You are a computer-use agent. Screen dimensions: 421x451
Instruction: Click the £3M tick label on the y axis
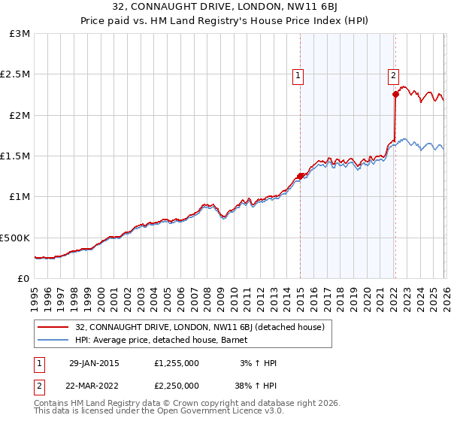pyautogui.click(x=20, y=34)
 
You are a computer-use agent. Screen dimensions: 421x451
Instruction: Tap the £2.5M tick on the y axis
pyautogui.click(x=15, y=74)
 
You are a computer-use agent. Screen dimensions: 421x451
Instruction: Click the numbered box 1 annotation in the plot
pyautogui.click(x=298, y=75)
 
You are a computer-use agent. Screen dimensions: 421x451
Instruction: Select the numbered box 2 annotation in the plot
pyautogui.click(x=393, y=75)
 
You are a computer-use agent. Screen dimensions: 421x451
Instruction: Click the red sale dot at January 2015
pyautogui.click(x=300, y=176)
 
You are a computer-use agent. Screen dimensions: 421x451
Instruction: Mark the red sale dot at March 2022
pyautogui.click(x=395, y=95)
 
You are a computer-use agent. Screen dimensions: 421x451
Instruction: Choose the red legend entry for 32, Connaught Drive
pyautogui.click(x=199, y=327)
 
